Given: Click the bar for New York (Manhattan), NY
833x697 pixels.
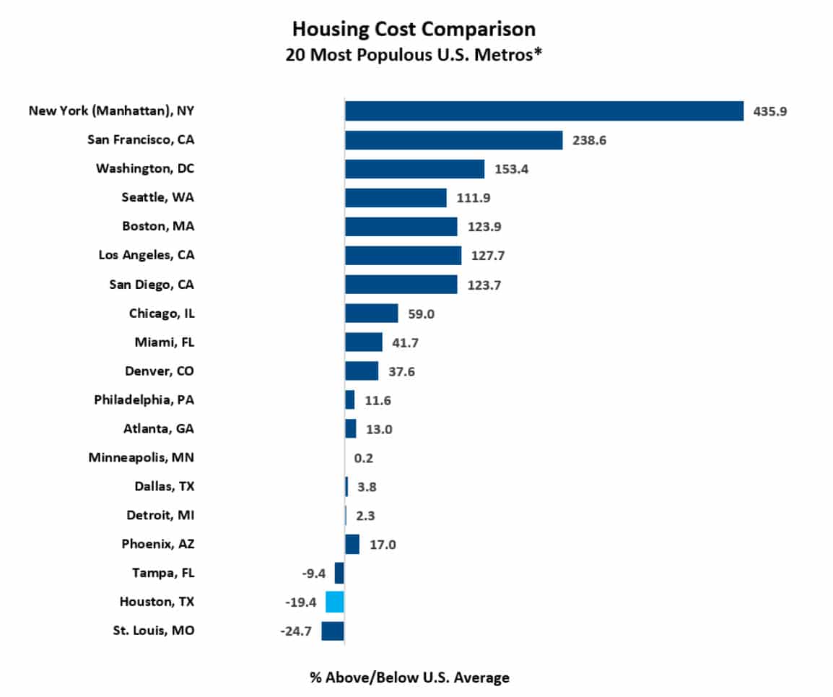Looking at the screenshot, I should pyautogui.click(x=544, y=111).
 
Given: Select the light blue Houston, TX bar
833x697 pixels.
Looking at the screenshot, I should pyautogui.click(x=335, y=602).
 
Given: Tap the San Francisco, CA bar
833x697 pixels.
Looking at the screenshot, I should pyautogui.click(x=453, y=139).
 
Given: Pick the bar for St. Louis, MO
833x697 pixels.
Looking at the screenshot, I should pyautogui.click(x=333, y=631).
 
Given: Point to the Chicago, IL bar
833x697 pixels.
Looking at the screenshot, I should pyautogui.click(x=371, y=313).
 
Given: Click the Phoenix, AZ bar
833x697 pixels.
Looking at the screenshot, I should pyautogui.click(x=352, y=544).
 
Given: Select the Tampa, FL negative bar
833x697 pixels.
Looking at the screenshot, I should pyautogui.click(x=339, y=573).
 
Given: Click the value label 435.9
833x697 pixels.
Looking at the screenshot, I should pyautogui.click(x=769, y=111).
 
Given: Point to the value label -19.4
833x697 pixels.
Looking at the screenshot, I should pyautogui.click(x=301, y=602).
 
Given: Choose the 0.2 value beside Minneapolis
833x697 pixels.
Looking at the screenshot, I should pyautogui.click(x=363, y=458).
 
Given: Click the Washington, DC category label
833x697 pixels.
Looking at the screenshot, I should pyautogui.click(x=145, y=168).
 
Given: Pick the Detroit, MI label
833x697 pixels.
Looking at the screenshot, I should pyautogui.click(x=160, y=515).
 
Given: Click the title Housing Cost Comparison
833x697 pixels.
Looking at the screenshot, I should pyautogui.click(x=414, y=29).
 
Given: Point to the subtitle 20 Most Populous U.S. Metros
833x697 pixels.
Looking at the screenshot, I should pyautogui.click(x=414, y=55).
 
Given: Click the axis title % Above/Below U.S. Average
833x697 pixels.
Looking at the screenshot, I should pyautogui.click(x=409, y=677).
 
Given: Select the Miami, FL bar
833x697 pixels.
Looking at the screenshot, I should pyautogui.click(x=363, y=342).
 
